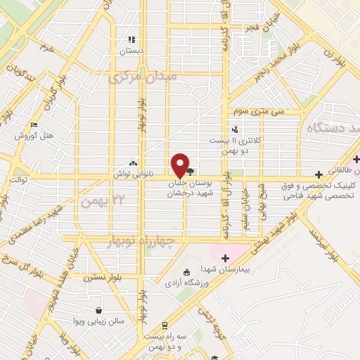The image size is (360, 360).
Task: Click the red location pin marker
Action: coord(181,165)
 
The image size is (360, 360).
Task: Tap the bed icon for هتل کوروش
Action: coord(34,124)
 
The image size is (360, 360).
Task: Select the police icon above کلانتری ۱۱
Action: coord(235,129)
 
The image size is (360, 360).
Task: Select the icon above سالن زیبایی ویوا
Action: coord(98,310)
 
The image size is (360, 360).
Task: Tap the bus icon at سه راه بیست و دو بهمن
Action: coord(165,326)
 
